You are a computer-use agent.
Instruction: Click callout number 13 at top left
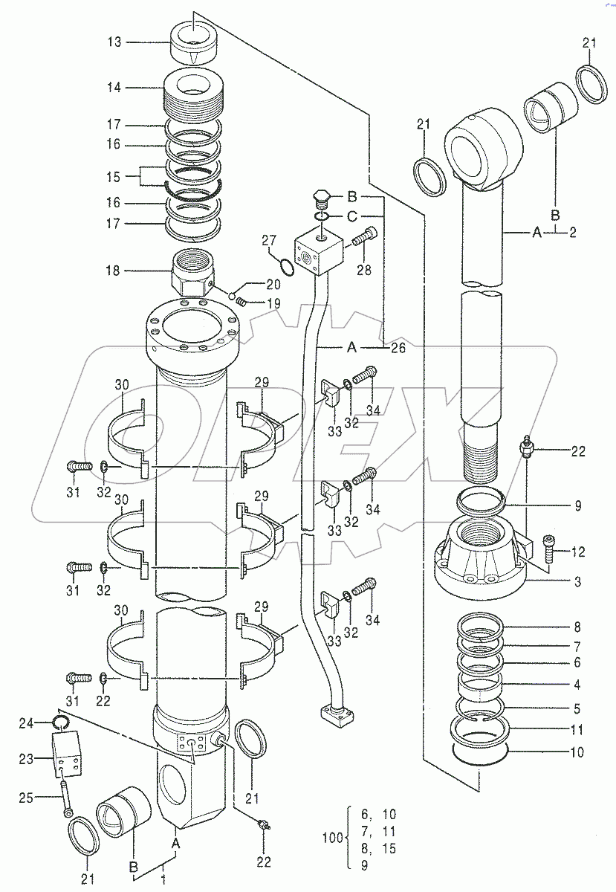click(x=112, y=42)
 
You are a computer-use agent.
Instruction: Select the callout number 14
click(x=112, y=87)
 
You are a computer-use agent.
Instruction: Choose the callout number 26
click(x=398, y=347)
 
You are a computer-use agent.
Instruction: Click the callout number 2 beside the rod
click(x=574, y=233)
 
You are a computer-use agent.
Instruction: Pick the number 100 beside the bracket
click(x=333, y=838)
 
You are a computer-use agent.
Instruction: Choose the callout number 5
click(x=577, y=709)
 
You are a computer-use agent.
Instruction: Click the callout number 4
click(x=577, y=684)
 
